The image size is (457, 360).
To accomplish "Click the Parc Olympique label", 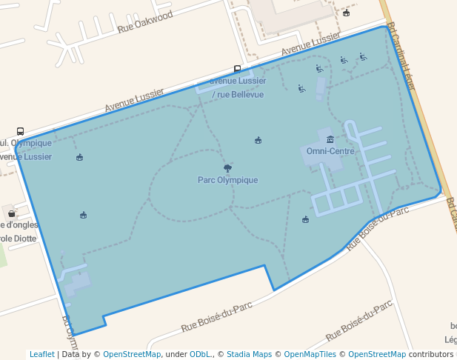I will [227, 180].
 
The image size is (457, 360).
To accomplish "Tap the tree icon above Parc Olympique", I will [227, 168].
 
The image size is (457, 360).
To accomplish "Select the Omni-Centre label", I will [330, 151].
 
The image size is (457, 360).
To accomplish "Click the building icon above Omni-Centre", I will [330, 139].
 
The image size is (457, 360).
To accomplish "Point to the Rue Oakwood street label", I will [145, 22].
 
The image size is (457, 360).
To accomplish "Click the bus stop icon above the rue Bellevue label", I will [237, 69].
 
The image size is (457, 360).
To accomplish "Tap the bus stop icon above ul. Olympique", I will [20, 131].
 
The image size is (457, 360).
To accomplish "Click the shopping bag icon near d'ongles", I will [11, 213].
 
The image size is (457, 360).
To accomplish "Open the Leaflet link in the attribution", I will [41, 354].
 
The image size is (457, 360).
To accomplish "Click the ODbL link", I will [200, 354].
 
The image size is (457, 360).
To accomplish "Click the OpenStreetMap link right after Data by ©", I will [132, 354].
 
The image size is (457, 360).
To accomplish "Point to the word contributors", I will [431, 354].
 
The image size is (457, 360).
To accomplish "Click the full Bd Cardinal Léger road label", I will [401, 55].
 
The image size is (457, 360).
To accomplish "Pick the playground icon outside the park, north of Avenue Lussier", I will [346, 13].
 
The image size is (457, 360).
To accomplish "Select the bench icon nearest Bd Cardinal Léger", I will [363, 56].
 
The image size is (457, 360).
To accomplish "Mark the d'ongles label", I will [21, 224].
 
